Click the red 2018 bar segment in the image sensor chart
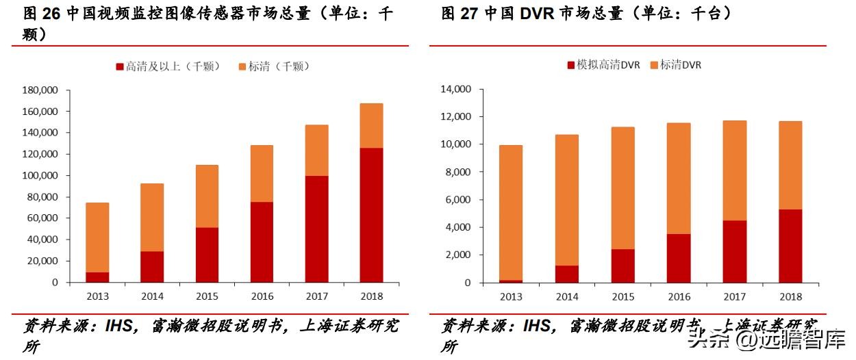pyautogui.click(x=373, y=215)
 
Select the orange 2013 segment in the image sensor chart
pyautogui.click(x=97, y=237)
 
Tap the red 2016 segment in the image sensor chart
pyautogui.click(x=262, y=242)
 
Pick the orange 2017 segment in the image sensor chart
pyautogui.click(x=317, y=150)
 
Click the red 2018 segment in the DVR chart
pyautogui.click(x=790, y=246)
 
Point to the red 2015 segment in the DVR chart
pyautogui.click(x=622, y=266)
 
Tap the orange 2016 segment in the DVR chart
pyautogui.click(x=679, y=178)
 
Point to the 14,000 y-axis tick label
pyautogui.click(x=456, y=89)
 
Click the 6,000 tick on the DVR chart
pyautogui.click(x=459, y=200)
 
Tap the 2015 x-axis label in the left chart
pyautogui.click(x=207, y=296)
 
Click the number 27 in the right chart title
pyautogui.click(x=469, y=14)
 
